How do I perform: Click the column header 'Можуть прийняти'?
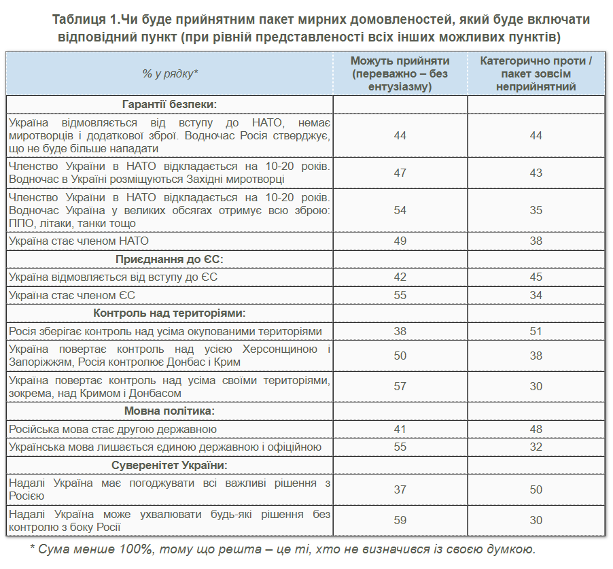tap(400, 74)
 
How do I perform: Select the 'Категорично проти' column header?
tap(536, 74)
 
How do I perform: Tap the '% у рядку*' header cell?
tap(170, 74)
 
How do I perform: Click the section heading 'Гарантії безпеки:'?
tap(170, 105)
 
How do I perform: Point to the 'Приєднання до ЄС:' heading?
tap(170, 260)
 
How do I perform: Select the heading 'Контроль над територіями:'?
tap(170, 313)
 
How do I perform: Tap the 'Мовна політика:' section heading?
tap(170, 411)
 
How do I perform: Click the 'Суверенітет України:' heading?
tap(170, 465)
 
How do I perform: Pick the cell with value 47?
tap(400, 173)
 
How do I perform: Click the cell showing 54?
tap(400, 210)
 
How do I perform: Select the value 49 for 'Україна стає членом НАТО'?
tap(400, 241)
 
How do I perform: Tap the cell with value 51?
tap(536, 331)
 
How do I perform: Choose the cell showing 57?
tap(400, 386)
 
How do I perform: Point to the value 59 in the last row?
tap(400, 520)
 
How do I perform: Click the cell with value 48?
tap(536, 430)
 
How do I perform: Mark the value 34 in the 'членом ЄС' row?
tap(536, 295)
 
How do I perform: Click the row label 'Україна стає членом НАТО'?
tap(79, 241)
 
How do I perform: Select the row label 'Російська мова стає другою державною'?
tap(113, 430)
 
